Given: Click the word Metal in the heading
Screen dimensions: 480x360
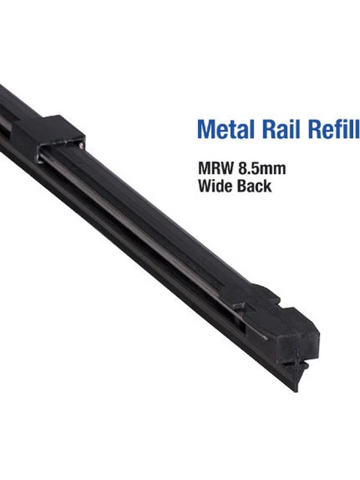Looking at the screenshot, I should (x=224, y=128).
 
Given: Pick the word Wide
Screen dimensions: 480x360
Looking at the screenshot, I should (x=214, y=185).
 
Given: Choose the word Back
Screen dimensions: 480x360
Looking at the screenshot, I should (x=253, y=185).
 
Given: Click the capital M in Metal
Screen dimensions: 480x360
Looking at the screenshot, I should (x=205, y=128).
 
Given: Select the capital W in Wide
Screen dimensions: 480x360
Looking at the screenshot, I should (x=205, y=185).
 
